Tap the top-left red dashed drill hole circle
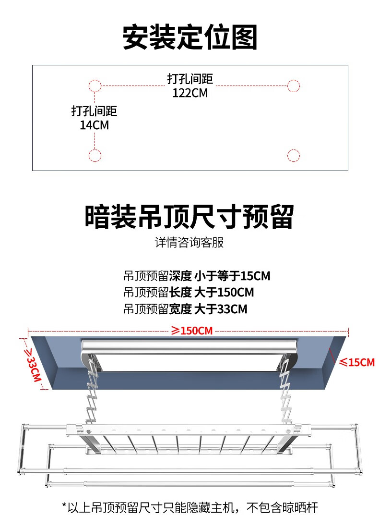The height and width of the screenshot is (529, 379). pos(95,86)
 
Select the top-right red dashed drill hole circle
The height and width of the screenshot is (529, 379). pos(293,86)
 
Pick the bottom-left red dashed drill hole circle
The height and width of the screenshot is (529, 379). pos(95,156)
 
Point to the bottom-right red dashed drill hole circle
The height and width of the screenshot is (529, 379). pos(293,156)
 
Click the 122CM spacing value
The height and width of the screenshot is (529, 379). pos(190,93)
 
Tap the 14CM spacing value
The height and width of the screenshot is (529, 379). pos(95,125)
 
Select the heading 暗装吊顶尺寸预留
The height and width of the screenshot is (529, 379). pos(189,217)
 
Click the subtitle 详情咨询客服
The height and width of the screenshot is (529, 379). pos(189,243)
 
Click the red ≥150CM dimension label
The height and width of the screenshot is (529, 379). pos(192,331)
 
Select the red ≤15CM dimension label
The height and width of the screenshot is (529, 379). pos(356,362)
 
